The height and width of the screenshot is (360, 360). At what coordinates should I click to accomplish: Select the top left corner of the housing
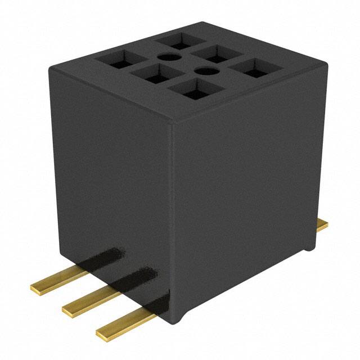tap(52, 69)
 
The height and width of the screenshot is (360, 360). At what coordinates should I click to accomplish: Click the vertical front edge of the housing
tap(173, 225)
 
